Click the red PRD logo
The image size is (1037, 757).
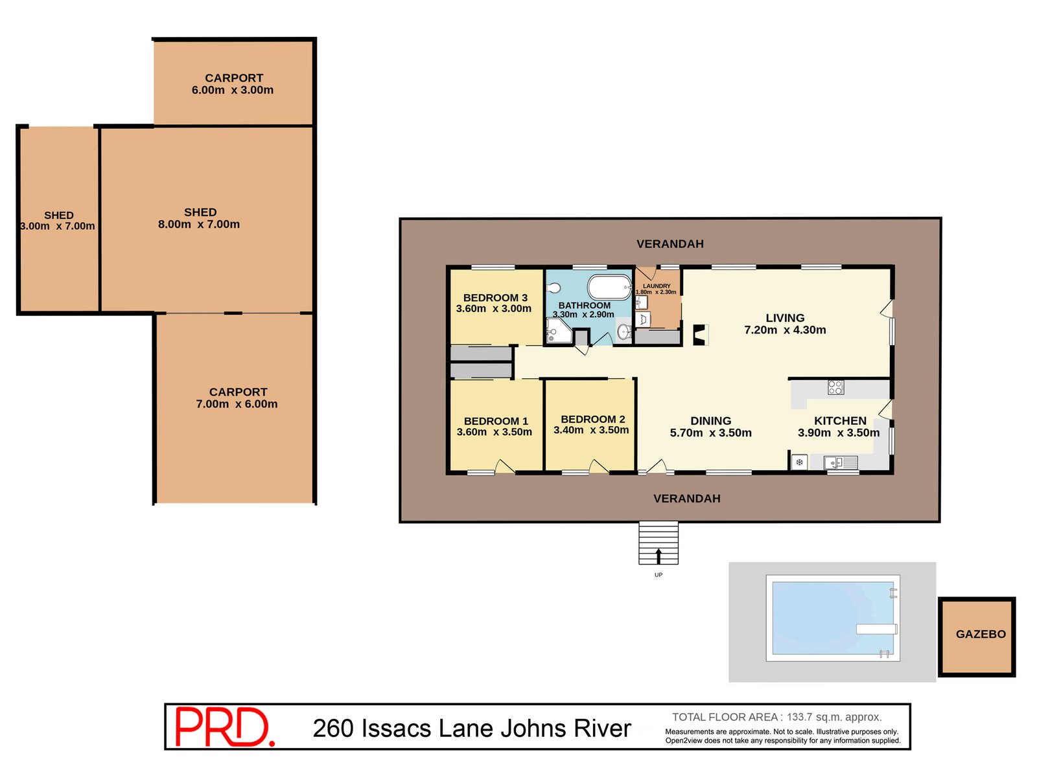(224, 727)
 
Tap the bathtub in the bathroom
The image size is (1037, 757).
(609, 287)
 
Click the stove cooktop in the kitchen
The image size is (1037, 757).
(835, 387)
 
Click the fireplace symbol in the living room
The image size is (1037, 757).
(700, 334)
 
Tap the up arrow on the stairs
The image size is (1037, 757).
(658, 556)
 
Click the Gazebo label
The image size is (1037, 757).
(981, 635)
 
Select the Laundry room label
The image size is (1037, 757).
(657, 286)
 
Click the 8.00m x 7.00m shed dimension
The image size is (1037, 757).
(199, 225)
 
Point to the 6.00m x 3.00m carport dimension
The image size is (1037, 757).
(233, 90)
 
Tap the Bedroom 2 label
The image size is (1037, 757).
(592, 419)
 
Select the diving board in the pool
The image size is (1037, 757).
(876, 629)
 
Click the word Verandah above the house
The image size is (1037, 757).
(670, 244)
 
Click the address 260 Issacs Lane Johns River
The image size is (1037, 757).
(471, 729)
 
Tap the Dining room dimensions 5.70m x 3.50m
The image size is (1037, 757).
(710, 433)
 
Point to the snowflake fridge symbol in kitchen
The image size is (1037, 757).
(800, 462)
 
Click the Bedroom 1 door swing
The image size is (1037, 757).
(505, 466)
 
